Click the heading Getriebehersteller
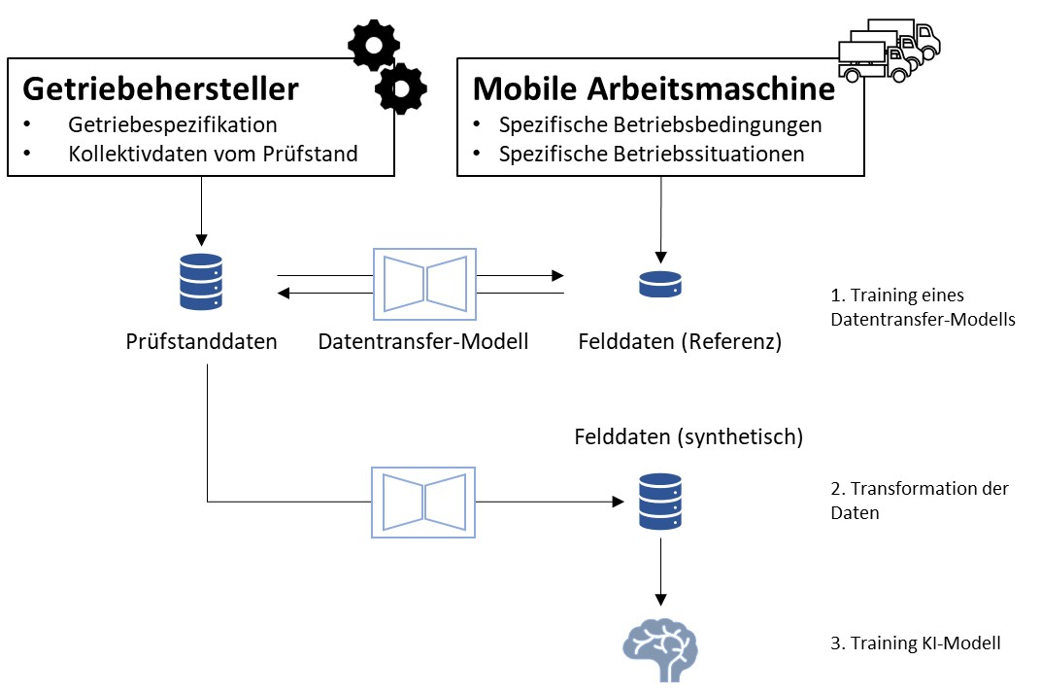coord(160,88)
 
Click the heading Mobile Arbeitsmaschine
coord(654,88)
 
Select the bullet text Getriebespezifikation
coord(173,125)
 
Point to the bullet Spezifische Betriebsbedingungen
coord(660,125)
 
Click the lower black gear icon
coord(400,89)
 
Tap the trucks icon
coord(890,51)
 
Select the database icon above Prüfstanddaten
coord(202,282)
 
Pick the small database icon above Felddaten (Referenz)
coord(660,284)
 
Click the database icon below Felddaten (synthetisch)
coord(660,501)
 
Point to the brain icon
coord(659,645)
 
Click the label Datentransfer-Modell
coord(423,342)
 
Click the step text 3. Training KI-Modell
coord(917,643)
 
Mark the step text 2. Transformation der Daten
coord(920,501)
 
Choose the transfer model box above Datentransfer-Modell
coord(423,283)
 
